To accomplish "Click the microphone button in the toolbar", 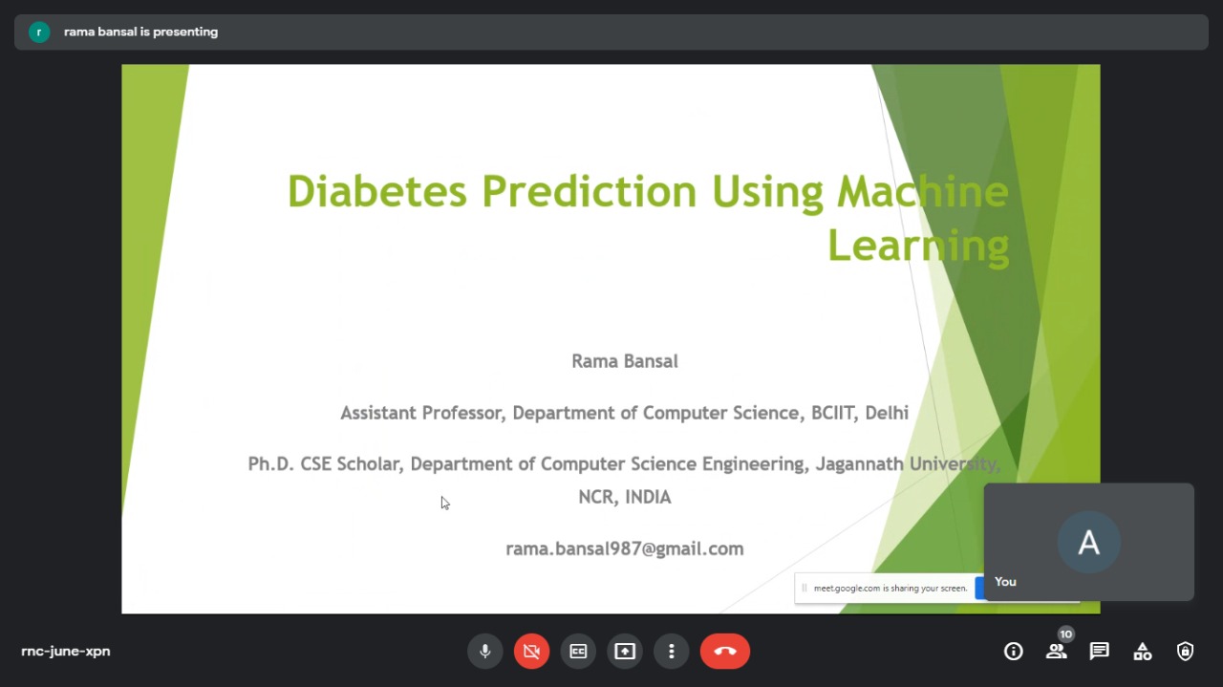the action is (x=484, y=651).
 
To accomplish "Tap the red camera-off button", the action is (x=531, y=651).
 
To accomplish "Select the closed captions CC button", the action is (x=578, y=651).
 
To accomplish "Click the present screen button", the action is (x=625, y=651).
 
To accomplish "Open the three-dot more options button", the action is (x=672, y=651).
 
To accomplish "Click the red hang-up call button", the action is (x=725, y=651).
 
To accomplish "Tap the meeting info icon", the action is (x=1014, y=651).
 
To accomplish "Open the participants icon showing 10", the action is (x=1057, y=651).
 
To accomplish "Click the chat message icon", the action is (x=1099, y=651).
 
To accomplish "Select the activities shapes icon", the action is (x=1142, y=651).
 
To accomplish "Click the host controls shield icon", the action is (x=1185, y=651).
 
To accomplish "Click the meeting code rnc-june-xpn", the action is (x=66, y=651).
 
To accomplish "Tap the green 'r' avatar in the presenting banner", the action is (x=39, y=32).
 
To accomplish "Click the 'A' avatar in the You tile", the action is (x=1088, y=543).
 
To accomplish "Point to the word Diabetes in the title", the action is (x=377, y=191).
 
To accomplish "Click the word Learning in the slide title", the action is (x=919, y=247).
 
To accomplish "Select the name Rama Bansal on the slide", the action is (x=625, y=361).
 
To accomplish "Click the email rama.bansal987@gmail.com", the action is (x=625, y=548).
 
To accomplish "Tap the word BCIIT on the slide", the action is (x=832, y=413).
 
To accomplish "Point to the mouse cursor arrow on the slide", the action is (x=445, y=503).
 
